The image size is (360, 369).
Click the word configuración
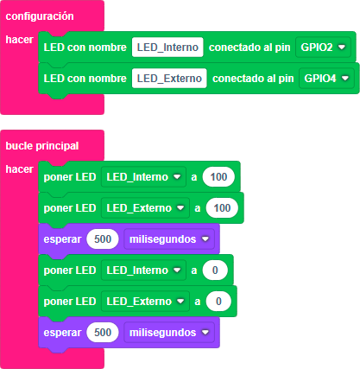point(40,16)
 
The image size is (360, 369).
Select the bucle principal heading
point(42,146)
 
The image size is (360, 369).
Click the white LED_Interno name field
point(167,47)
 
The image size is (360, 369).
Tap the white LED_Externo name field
point(169,78)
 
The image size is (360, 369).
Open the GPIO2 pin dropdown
point(323,47)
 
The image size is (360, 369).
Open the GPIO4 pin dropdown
point(326,78)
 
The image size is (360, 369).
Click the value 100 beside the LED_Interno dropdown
point(218,176)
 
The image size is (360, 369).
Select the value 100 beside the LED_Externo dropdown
point(222,207)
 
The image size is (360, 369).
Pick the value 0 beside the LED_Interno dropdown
point(215,270)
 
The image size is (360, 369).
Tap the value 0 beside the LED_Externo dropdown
point(218,301)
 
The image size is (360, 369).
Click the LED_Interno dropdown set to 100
point(143,176)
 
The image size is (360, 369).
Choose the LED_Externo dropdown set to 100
point(145,207)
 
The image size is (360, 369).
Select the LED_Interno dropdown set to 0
point(143,270)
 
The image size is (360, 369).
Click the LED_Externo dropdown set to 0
point(145,301)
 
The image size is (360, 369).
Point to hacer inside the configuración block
point(19,40)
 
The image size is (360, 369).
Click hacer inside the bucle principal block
point(19,169)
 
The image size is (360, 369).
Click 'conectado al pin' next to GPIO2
point(249,48)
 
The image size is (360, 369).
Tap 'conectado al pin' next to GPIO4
point(253,79)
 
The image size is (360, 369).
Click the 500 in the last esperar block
point(103,332)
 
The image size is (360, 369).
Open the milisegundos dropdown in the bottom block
point(169,332)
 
